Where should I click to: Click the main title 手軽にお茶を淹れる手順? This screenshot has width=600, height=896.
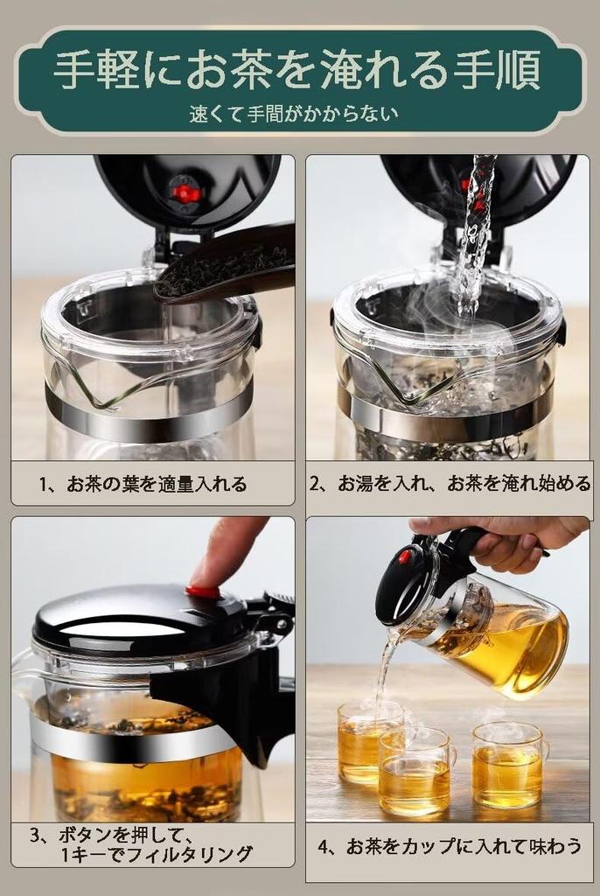tap(297, 70)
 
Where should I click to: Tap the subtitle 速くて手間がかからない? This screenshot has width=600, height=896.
tap(297, 113)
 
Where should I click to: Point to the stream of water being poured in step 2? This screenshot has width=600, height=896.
tap(472, 236)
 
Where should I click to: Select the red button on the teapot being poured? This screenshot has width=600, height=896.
tap(405, 556)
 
